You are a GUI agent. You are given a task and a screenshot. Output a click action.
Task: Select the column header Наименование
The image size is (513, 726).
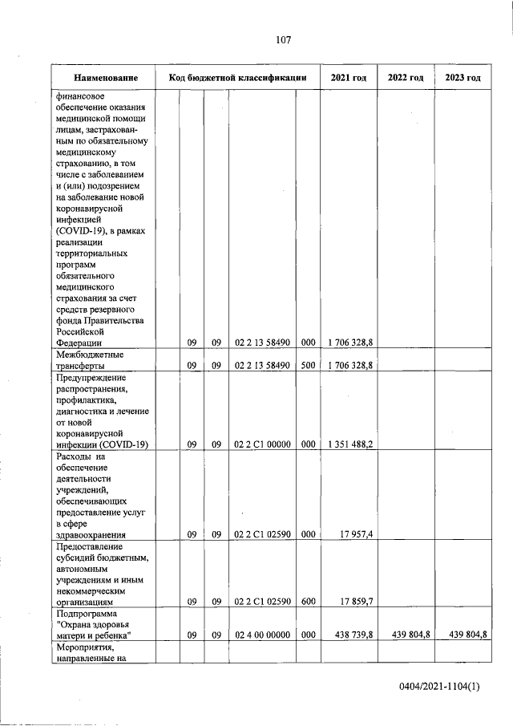106,78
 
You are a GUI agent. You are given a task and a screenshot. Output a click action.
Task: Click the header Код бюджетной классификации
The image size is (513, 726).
238,78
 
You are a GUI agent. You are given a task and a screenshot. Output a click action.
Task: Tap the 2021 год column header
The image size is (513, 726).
349,78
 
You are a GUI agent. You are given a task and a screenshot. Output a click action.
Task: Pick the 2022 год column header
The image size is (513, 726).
406,78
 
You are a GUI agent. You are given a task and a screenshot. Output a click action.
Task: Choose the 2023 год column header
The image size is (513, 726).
462,78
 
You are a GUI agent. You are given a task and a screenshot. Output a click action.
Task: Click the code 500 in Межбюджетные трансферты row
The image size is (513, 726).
308,365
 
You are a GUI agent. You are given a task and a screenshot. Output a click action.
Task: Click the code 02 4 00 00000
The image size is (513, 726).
261,635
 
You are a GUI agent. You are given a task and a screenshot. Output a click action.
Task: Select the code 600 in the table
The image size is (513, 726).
308,600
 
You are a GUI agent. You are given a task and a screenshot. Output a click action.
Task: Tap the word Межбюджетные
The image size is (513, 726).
90,354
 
